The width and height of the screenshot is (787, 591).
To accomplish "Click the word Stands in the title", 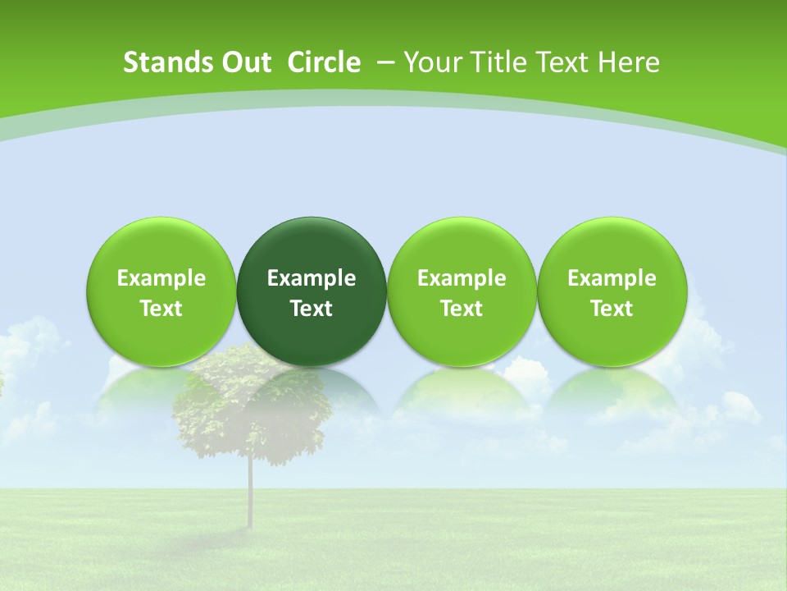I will click(157, 62).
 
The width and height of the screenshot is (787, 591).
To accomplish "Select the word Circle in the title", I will click(324, 62).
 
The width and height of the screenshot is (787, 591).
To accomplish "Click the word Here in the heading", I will click(630, 62).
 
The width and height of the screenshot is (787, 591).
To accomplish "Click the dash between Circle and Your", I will click(385, 62).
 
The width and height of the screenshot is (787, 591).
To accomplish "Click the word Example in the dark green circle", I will click(312, 278).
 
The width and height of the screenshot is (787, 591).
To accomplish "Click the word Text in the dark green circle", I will click(312, 309).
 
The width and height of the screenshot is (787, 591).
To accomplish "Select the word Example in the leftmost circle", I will click(161, 278).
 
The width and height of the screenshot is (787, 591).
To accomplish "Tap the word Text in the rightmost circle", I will click(612, 309).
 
